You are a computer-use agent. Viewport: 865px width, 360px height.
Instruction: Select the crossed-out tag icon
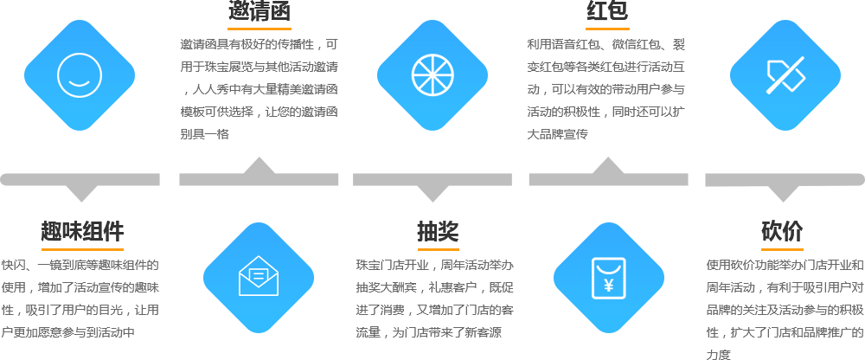pos(785,75)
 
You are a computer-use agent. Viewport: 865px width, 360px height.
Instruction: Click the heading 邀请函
pos(259,11)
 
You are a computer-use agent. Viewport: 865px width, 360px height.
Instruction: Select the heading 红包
pos(607,11)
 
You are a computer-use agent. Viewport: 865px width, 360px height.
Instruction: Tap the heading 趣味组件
pos(82,231)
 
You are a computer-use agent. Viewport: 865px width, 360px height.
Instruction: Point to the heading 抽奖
pos(437,231)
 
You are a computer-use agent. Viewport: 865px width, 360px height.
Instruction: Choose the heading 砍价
pos(782,231)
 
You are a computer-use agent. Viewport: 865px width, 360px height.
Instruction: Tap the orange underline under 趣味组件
pos(82,248)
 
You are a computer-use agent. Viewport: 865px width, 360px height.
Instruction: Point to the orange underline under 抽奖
pos(437,248)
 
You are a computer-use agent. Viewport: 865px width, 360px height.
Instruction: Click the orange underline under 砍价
pos(782,248)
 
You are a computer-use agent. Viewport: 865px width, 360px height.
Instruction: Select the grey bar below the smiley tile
pos(80,188)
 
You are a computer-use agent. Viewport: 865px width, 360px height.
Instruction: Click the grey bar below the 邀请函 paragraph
pos(259,171)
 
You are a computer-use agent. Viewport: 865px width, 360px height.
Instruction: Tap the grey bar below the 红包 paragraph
pos(608,171)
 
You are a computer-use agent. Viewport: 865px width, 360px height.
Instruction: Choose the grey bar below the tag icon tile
pos(785,188)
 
